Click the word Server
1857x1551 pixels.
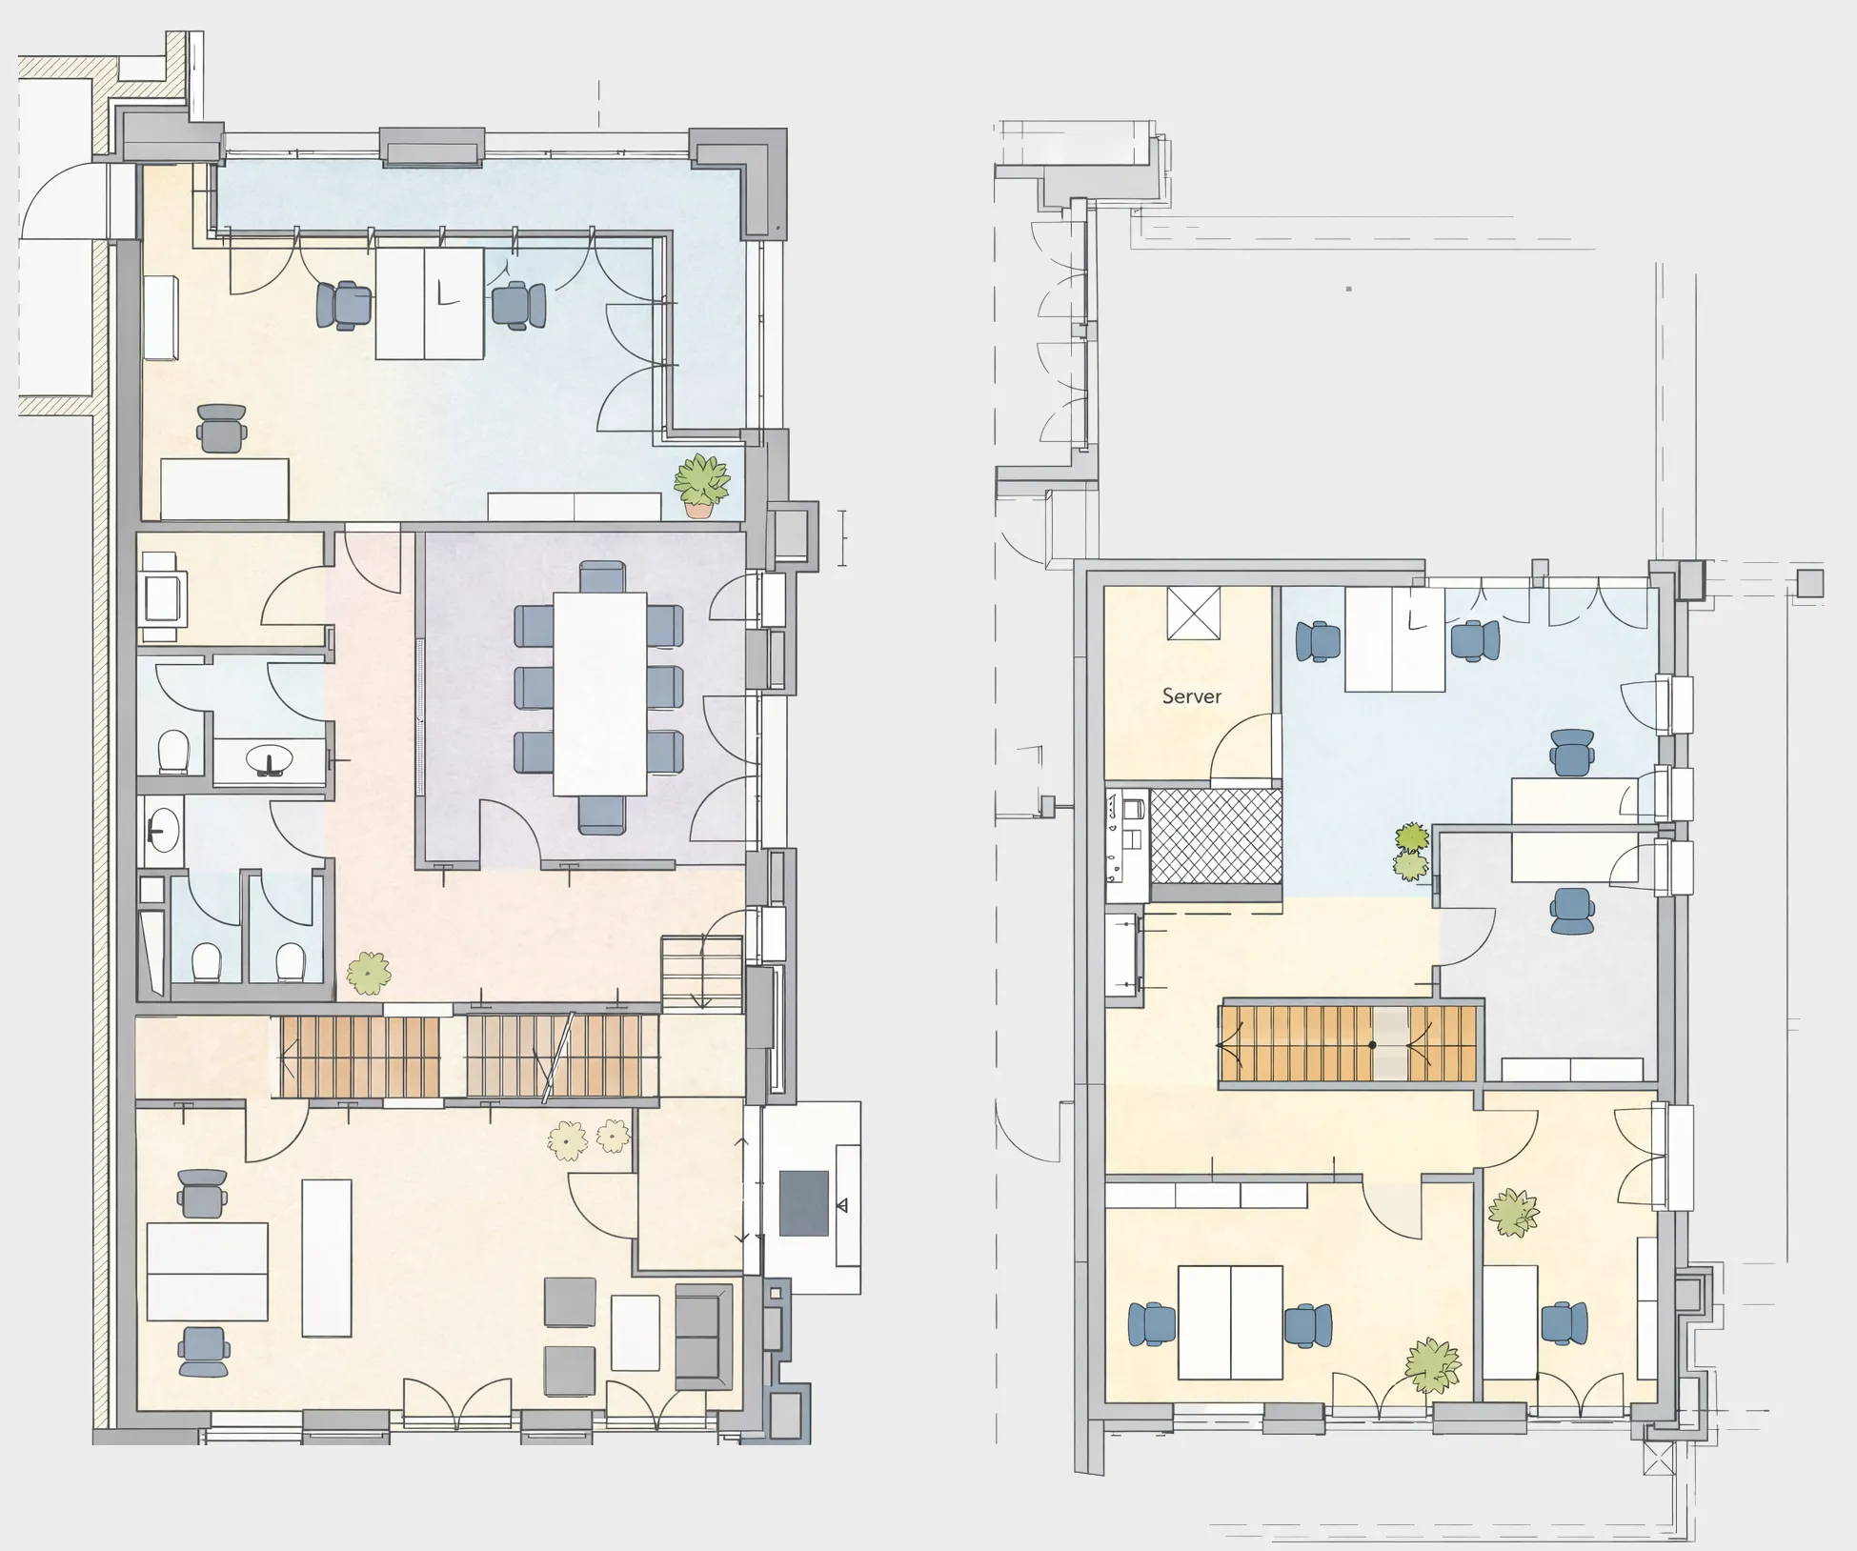coord(1191,696)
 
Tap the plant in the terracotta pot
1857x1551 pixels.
coord(701,486)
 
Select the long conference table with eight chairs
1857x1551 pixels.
coord(600,694)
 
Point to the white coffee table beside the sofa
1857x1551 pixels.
coord(635,1332)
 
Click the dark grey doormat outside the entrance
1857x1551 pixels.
coord(803,1203)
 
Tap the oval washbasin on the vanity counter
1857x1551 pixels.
coord(271,760)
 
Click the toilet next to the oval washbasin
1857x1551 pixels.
coord(173,751)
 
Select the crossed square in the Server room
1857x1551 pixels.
coord(1193,614)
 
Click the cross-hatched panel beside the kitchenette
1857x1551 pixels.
coord(1215,836)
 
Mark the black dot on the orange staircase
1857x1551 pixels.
coord(1372,1045)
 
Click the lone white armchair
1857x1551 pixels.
coord(162,598)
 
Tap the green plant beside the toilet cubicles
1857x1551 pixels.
coord(369,973)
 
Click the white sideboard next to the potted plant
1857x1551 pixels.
coord(575,507)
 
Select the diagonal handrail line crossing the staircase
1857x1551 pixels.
coord(558,1057)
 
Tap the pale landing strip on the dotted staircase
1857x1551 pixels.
coord(1390,1044)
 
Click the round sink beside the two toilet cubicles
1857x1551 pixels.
coord(163,831)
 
